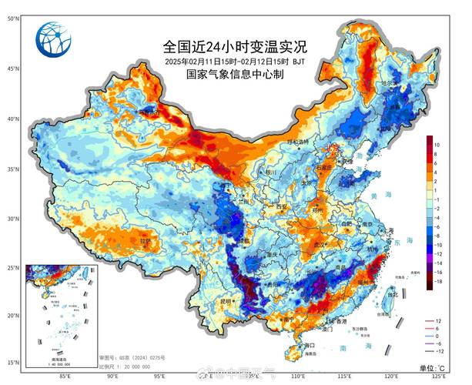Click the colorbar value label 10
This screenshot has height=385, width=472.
point(436,144)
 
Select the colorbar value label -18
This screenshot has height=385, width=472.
point(437,283)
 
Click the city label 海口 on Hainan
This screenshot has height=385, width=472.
point(290,345)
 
